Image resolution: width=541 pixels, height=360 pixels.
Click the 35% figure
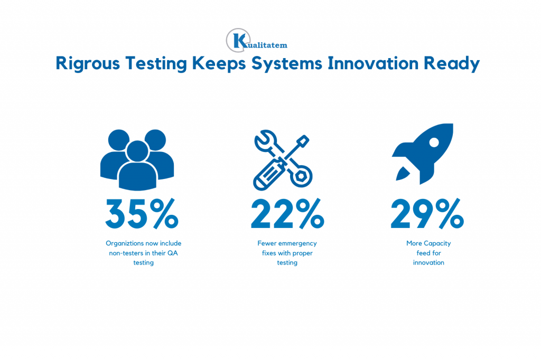click(x=142, y=214)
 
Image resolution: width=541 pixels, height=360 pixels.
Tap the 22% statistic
click(x=287, y=214)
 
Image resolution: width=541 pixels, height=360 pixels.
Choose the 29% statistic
click(x=427, y=214)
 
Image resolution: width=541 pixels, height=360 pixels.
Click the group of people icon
click(x=137, y=160)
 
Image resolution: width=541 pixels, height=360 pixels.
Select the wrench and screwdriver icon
click(x=283, y=160)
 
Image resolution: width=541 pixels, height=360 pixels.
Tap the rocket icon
click(x=422, y=154)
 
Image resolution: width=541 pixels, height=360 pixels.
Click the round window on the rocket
click(x=434, y=142)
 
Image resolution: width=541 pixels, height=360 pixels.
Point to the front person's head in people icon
click(x=137, y=151)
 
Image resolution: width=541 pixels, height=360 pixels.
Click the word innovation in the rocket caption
click(x=428, y=263)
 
